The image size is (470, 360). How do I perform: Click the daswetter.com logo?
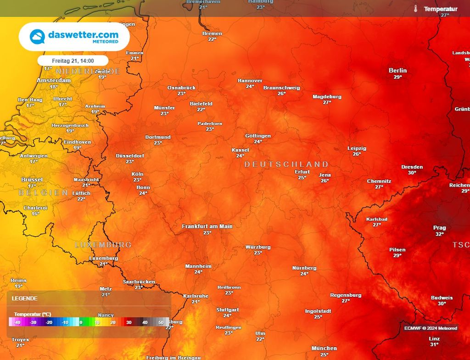pyautogui.click(x=74, y=37)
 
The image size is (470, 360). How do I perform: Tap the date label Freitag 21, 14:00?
pyautogui.click(x=73, y=61)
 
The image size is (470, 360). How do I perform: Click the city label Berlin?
pyautogui.click(x=397, y=71)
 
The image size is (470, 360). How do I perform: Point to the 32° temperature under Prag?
pyautogui.click(x=439, y=234)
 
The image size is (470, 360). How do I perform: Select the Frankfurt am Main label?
pyautogui.click(x=207, y=227)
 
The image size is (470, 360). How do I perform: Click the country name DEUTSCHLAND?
pyautogui.click(x=286, y=164)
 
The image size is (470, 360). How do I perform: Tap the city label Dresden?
pyautogui.click(x=412, y=167)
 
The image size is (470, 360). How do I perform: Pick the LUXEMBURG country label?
pyautogui.click(x=103, y=245)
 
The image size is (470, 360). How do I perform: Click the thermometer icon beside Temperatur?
pyautogui.click(x=415, y=9)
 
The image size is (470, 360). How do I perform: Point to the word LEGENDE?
pyautogui.click(x=25, y=298)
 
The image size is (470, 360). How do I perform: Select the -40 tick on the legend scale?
pyautogui.click(x=17, y=323)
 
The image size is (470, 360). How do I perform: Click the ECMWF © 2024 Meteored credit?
pyautogui.click(x=431, y=328)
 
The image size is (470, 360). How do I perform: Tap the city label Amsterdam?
pyautogui.click(x=54, y=81)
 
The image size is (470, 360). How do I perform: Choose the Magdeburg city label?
pyautogui.click(x=327, y=97)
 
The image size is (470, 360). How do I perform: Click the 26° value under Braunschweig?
pyautogui.click(x=281, y=94)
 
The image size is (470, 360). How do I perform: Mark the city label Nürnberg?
pyautogui.click(x=304, y=268)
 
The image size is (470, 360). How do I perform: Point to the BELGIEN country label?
pyautogui.click(x=43, y=193)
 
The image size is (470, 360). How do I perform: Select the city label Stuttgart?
pyautogui.click(x=227, y=310)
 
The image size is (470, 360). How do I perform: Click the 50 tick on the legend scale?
pyautogui.click(x=161, y=323)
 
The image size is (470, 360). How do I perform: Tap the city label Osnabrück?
pyautogui.click(x=181, y=88)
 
